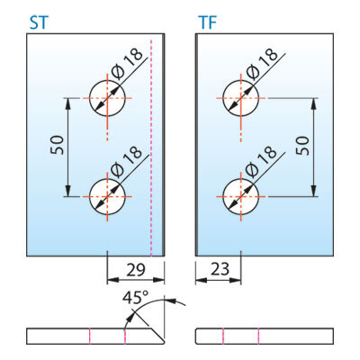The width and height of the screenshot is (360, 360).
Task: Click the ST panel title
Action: pyautogui.click(x=39, y=22)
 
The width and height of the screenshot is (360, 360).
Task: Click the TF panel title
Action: pyautogui.click(x=207, y=22)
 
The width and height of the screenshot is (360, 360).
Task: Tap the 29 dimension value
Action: pyautogui.click(x=136, y=270)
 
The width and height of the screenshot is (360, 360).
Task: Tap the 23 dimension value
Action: pyautogui.click(x=220, y=269)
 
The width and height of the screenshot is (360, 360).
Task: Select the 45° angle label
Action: pyautogui.click(x=136, y=298)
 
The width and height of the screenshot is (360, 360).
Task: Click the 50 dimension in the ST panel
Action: pyautogui.click(x=57, y=145)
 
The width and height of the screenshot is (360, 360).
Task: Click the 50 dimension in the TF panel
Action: pyautogui.click(x=302, y=146)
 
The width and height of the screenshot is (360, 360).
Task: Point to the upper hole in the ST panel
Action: pyautogui.click(x=107, y=98)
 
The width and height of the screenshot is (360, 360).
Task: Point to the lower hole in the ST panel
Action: pyautogui.click(x=107, y=197)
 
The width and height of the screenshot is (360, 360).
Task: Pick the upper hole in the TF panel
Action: pyautogui.click(x=240, y=98)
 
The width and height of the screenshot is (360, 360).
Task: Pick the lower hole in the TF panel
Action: pyautogui.click(x=240, y=197)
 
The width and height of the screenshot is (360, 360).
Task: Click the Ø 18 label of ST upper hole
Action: pyautogui.click(x=126, y=65)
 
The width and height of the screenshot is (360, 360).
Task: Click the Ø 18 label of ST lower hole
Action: pyautogui.click(x=126, y=161)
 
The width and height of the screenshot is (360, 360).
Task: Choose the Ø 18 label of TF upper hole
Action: pyautogui.click(x=261, y=65)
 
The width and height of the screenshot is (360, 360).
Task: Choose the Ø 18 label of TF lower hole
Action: pyautogui.click(x=261, y=161)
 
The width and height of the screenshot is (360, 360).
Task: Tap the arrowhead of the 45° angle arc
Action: pyautogui.click(x=129, y=318)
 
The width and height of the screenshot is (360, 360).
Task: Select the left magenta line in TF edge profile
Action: pyautogui.click(x=223, y=337)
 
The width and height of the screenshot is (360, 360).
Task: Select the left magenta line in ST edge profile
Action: pyautogui.click(x=89, y=337)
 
